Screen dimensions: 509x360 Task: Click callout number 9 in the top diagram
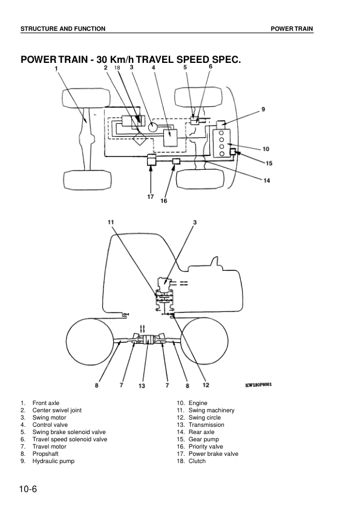tap(263, 109)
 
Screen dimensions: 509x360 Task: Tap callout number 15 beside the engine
tap(269, 163)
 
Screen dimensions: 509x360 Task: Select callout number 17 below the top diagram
tap(151, 196)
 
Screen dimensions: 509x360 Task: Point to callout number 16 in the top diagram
tap(163, 201)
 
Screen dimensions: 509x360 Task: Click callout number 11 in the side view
tap(111, 222)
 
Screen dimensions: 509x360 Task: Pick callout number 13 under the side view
tap(142, 385)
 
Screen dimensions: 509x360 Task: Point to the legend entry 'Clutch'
tap(197, 461)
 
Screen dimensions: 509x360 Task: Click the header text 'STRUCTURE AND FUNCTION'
tap(63, 29)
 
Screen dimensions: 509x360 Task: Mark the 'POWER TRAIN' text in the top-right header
tap(292, 29)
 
